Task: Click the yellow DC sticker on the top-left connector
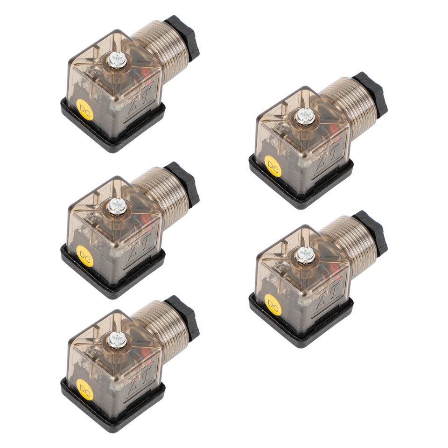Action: (x=84, y=110)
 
